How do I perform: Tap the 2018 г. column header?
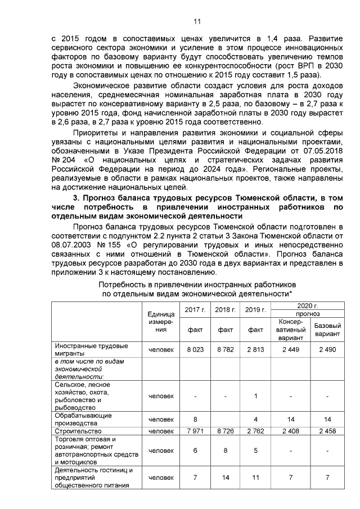point(226,309)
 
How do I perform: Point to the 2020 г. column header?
point(308,304)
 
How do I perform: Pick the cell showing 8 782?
point(226,349)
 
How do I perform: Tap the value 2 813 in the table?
point(255,349)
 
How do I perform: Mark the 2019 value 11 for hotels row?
point(255,478)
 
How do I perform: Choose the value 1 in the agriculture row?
point(255,395)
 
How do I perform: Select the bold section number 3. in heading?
point(78,197)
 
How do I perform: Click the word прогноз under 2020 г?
point(308,313)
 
